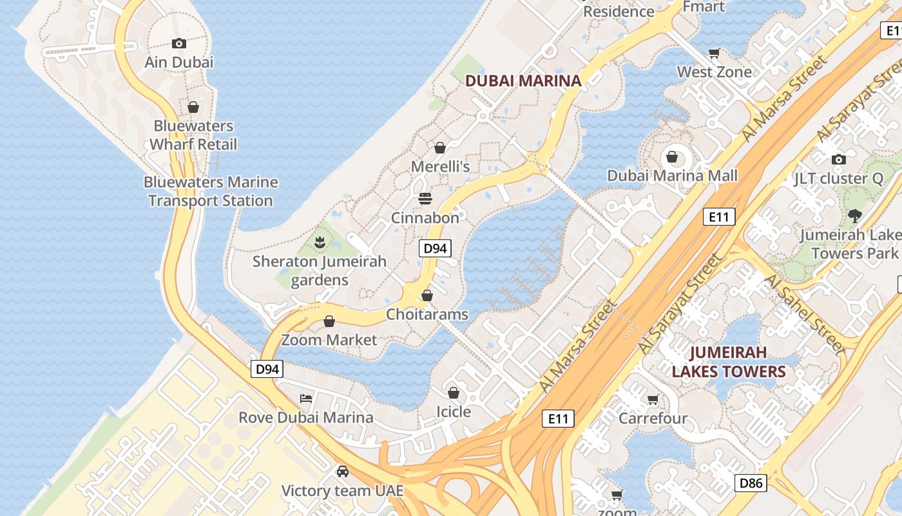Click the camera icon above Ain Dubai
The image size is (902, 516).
[179, 44]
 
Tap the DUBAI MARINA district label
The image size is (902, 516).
[523, 81]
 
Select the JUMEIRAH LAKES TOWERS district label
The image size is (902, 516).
[729, 362]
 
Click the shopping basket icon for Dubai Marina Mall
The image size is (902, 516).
[672, 157]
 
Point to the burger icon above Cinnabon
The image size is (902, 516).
[425, 199]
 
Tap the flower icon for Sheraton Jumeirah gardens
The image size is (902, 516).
[319, 243]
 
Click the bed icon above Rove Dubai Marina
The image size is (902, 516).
[306, 399]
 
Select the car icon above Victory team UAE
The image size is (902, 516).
[343, 471]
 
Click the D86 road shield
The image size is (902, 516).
[751, 482]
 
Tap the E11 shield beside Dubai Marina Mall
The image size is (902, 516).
[718, 217]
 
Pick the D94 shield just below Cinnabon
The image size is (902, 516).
[435, 248]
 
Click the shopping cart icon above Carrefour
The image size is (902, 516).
[653, 400]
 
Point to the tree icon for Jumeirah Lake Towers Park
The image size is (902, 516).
[855, 216]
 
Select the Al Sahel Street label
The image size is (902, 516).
[803, 315]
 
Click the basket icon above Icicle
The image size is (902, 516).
[454, 393]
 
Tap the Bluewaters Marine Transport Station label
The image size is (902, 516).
[211, 192]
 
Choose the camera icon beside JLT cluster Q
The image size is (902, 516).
[838, 159]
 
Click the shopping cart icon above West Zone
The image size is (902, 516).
[714, 53]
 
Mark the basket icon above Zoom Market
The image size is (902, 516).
[329, 321]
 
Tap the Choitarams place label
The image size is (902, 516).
[427, 315]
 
